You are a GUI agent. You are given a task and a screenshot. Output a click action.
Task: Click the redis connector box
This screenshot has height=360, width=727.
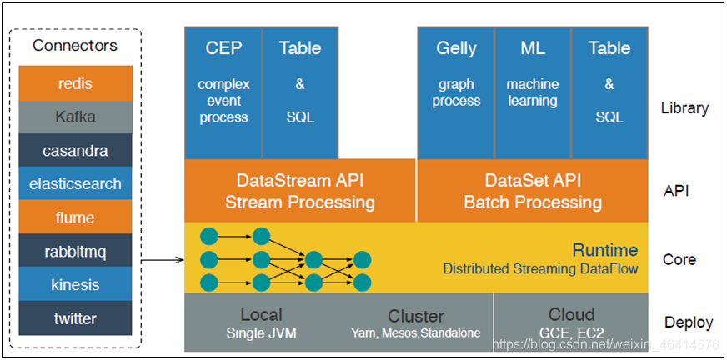tap(75, 83)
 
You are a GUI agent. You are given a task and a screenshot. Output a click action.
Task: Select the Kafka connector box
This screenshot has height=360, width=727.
tap(75, 117)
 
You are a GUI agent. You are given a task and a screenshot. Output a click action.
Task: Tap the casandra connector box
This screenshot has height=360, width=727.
tap(75, 151)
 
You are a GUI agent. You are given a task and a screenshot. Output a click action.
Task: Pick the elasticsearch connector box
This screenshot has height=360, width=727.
tap(75, 184)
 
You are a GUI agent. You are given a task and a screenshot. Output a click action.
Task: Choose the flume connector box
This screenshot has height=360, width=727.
tap(75, 217)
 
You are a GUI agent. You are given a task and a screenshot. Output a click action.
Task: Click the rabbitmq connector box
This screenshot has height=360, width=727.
tap(75, 251)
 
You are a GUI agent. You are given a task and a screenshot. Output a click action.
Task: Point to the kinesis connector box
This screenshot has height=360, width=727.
tap(75, 284)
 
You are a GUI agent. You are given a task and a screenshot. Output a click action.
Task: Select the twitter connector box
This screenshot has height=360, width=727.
tap(75, 318)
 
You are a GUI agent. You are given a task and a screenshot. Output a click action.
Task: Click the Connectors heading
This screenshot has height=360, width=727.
tap(75, 45)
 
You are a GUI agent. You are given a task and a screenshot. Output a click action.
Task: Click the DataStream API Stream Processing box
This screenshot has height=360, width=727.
tap(300, 191)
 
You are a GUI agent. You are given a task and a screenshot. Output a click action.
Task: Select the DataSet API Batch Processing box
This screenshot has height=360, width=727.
tap(533, 191)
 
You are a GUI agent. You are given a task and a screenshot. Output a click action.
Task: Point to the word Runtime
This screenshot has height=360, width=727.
tap(604, 250)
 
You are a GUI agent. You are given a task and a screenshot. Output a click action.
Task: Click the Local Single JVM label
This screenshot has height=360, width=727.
tap(261, 323)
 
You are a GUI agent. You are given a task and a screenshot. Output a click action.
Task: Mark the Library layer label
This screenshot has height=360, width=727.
tap(684, 108)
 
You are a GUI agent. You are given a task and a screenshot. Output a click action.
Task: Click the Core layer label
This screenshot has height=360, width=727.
tap(679, 259)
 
